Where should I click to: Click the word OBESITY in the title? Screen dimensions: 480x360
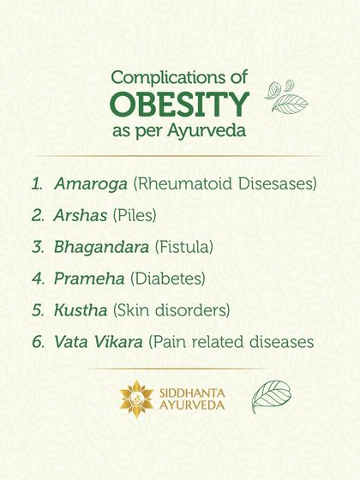(x=180, y=103)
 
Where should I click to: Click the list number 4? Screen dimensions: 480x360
(x=37, y=279)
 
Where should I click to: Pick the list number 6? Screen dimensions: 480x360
(x=37, y=341)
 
